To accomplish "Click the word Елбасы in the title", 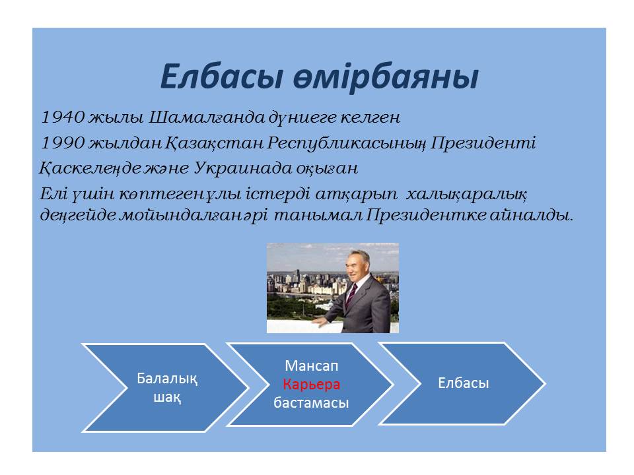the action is coord(221,77).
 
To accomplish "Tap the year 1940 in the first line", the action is coord(63,117).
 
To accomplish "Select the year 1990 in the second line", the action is coord(63,142).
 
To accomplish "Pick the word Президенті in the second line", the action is coord(483,143).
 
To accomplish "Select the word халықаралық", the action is coord(466,194).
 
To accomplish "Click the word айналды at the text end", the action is coord(532,215).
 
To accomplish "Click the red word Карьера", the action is coord(311,384).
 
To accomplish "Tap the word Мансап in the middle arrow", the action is coord(311,365).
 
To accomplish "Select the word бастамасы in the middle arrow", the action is coord(311,402).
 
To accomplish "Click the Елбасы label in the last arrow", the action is coord(464,383).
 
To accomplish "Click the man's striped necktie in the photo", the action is coord(351,296).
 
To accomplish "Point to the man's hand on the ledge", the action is coord(320,321).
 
